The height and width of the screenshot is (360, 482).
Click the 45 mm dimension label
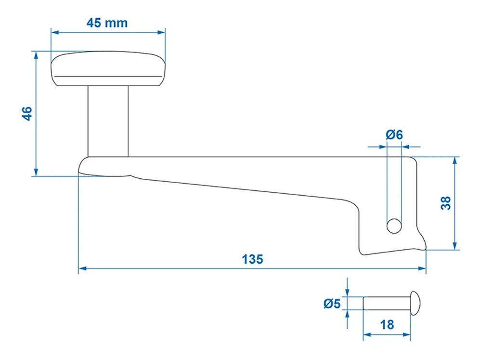coord(107,23)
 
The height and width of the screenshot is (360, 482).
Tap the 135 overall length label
coord(252,259)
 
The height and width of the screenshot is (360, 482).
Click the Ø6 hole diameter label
coord(394,134)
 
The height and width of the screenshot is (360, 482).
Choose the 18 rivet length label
coord(387,324)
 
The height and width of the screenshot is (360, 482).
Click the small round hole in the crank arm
coord(394,225)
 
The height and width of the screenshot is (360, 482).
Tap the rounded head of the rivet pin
coord(416,303)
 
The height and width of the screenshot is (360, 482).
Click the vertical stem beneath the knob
coord(107,120)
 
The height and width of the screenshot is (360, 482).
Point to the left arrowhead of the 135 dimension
coord(82,268)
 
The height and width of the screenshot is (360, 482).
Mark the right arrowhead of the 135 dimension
coord(423,268)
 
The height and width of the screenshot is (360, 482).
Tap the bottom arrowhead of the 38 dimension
coord(455,246)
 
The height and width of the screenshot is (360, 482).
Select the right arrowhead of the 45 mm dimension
coord(161,33)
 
